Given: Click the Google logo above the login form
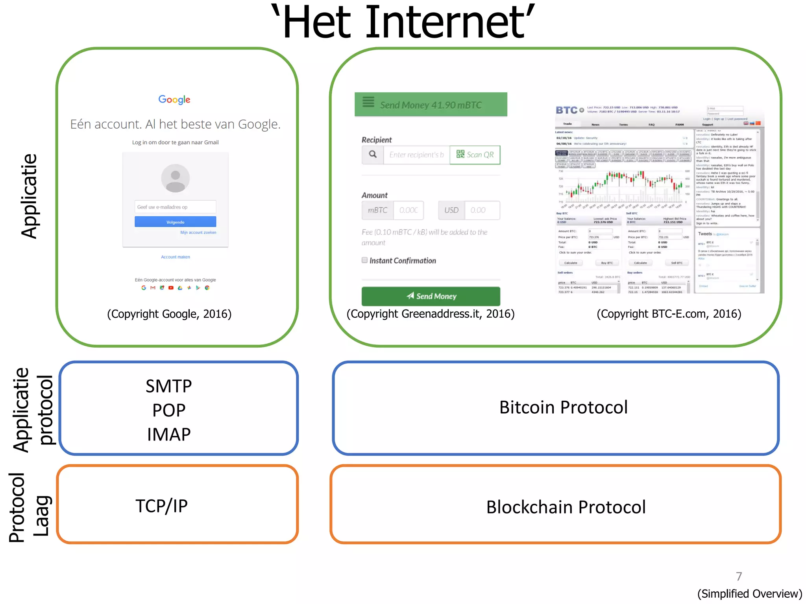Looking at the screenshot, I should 174,99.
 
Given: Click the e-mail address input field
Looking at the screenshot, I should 175,207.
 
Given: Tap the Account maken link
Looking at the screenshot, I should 176,257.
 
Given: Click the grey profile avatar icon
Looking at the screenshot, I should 176,178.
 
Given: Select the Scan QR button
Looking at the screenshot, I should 475,155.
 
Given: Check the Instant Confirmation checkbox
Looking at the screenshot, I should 364,260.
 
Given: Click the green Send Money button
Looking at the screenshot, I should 431,296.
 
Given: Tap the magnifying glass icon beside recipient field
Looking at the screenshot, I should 373,155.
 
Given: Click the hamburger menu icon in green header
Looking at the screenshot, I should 368,102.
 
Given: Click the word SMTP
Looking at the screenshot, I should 169,386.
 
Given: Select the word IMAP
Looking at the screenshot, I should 169,435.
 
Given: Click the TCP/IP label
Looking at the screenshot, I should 162,506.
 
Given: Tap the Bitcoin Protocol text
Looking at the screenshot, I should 564,407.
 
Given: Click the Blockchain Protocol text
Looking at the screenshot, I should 566,507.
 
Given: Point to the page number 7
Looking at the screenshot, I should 739,576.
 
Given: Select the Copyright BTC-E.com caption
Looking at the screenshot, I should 669,314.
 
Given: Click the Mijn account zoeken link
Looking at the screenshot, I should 198,232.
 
